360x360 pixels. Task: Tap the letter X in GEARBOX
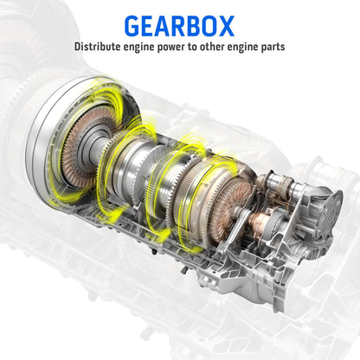[x=225, y=26]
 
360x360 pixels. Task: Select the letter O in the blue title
[x=207, y=26]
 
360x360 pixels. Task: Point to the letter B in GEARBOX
[x=189, y=26]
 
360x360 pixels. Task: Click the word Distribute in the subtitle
[x=98, y=47]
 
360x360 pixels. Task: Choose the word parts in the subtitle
[x=273, y=48]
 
